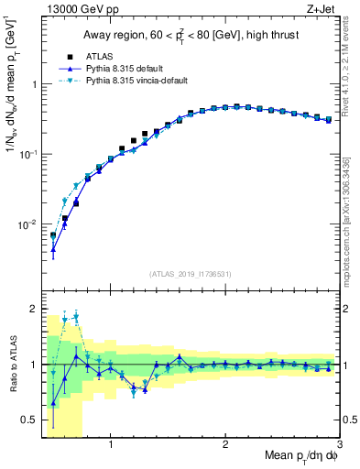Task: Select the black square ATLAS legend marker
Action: tap(57, 56)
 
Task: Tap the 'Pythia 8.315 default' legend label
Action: tap(115, 69)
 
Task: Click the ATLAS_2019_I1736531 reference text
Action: tap(190, 274)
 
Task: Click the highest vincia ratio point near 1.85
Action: tap(76, 317)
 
